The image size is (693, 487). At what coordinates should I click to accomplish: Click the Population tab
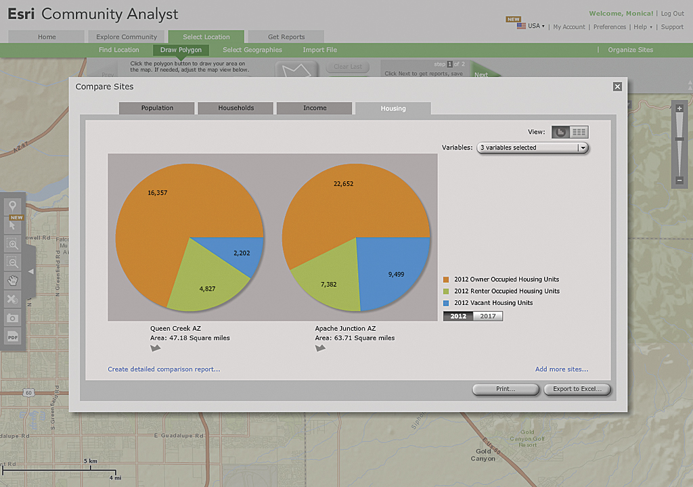157,108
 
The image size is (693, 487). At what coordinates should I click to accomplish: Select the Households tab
236,108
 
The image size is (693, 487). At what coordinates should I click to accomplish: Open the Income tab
315,108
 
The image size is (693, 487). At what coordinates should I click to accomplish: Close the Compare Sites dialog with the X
617,87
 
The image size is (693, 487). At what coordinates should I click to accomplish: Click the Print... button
505,390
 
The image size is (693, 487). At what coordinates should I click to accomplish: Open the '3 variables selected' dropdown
533,147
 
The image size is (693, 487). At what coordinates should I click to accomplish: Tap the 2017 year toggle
488,316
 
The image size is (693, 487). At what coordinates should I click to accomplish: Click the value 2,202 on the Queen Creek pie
242,253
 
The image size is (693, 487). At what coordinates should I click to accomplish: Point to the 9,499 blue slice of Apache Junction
397,274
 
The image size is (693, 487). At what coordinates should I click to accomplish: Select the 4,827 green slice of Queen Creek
206,287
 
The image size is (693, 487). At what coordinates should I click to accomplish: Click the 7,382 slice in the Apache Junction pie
328,284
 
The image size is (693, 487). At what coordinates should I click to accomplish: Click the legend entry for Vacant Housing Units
493,303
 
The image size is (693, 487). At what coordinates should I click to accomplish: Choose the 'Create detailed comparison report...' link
164,369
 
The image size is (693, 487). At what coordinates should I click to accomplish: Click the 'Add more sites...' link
562,369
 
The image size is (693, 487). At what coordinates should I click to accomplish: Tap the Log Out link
672,14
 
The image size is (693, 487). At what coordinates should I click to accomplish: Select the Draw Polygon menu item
181,50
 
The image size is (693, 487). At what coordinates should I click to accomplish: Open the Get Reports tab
286,37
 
